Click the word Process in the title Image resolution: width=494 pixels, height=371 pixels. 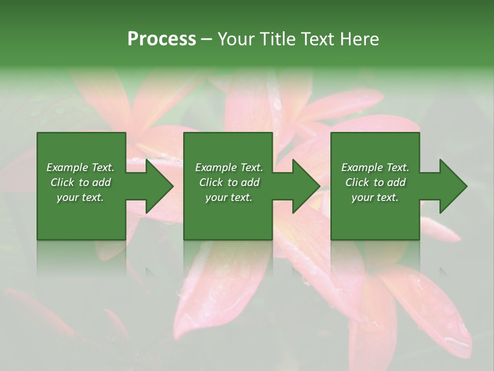[162, 39]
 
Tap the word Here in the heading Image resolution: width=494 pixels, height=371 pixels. [360, 39]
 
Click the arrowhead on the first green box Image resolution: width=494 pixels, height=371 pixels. [156, 186]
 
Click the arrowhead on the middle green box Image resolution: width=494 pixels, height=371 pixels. [304, 186]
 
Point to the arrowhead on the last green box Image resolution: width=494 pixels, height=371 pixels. [451, 186]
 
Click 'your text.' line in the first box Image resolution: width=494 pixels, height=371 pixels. [80, 197]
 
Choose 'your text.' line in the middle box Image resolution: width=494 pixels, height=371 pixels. [229, 197]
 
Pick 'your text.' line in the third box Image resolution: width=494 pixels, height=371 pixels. [375, 197]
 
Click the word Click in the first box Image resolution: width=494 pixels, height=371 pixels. [62, 182]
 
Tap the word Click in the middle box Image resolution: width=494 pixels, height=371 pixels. [211, 182]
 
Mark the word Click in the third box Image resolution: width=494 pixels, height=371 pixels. [357, 182]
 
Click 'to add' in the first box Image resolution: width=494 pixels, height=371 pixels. [96, 182]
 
